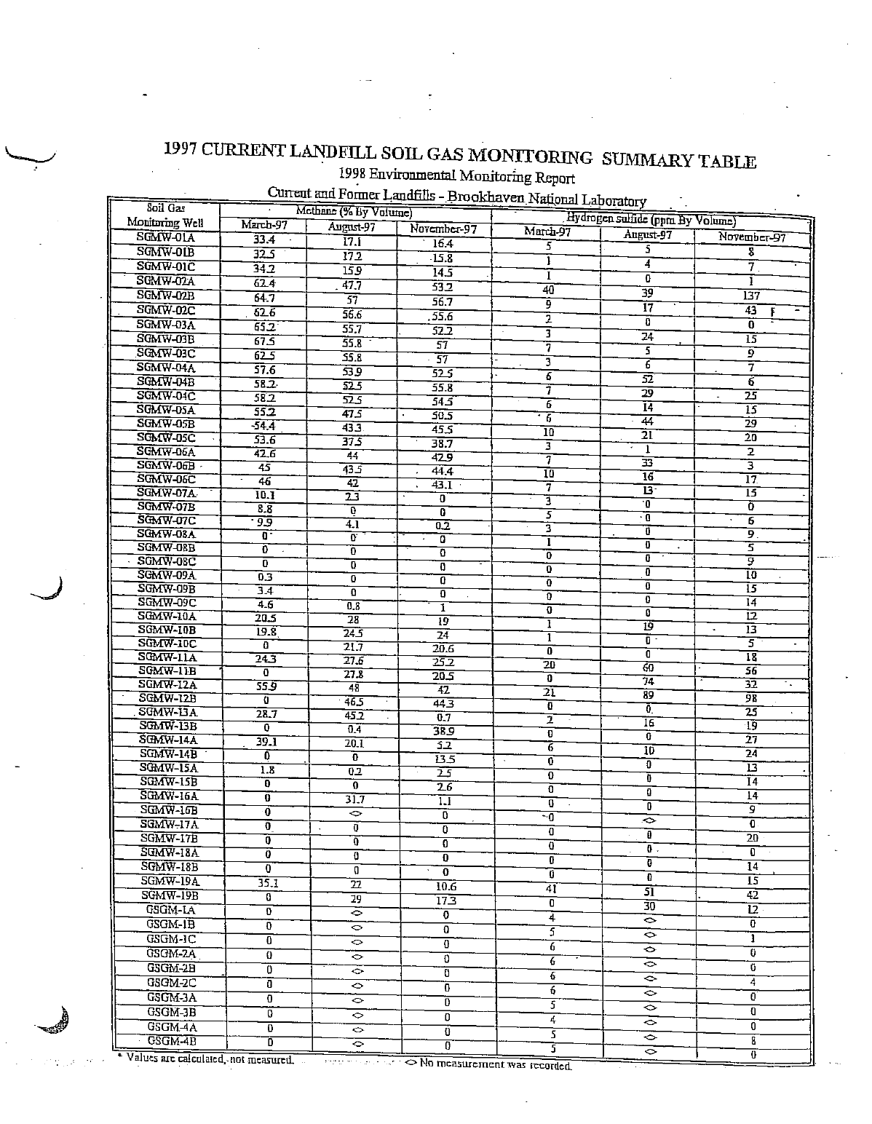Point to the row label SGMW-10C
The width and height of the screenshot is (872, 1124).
click(167, 644)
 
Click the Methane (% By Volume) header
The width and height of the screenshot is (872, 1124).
click(354, 213)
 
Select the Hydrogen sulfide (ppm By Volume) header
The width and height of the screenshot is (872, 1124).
click(651, 219)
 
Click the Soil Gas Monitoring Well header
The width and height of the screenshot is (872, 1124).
click(165, 215)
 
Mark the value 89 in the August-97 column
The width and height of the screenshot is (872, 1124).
click(648, 694)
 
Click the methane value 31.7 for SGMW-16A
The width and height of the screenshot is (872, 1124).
click(354, 799)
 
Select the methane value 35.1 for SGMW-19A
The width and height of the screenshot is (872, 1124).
click(264, 884)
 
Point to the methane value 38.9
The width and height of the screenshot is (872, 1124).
click(443, 731)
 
